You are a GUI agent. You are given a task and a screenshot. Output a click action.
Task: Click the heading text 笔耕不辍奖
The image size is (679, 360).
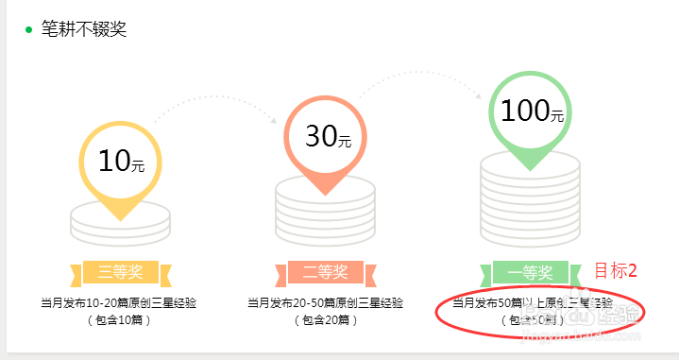pyautogui.click(x=84, y=28)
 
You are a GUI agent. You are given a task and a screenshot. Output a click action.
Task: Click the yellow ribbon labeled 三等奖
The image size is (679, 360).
pyautogui.click(x=120, y=273)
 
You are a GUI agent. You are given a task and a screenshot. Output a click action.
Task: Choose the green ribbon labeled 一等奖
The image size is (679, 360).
pyautogui.click(x=530, y=273)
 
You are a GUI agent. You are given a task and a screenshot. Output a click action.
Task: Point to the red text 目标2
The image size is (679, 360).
pyautogui.click(x=616, y=271)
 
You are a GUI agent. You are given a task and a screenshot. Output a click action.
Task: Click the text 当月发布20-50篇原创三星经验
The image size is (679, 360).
pyautogui.click(x=326, y=303)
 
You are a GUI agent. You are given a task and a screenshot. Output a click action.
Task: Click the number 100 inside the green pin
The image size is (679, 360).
pyautogui.click(x=524, y=111)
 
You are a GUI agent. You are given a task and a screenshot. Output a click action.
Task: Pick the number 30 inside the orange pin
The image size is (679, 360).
pyautogui.click(x=320, y=137)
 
